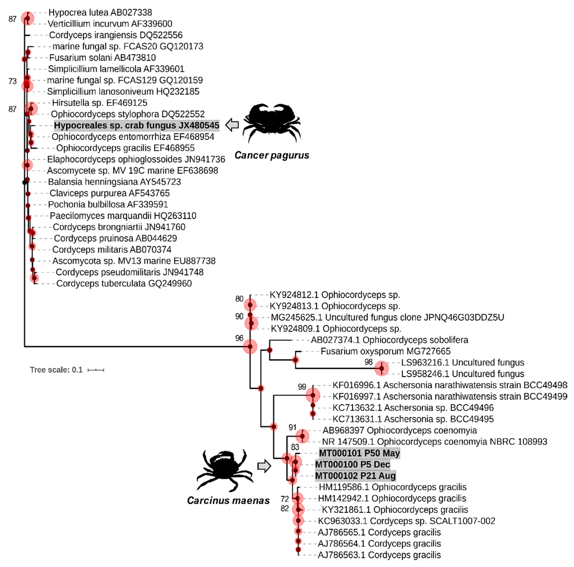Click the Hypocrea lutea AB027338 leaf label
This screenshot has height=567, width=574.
pos(100,12)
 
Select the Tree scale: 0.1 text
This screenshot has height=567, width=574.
pos(56,370)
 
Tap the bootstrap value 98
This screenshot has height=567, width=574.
pos(368,362)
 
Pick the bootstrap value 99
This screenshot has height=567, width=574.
pos(302,387)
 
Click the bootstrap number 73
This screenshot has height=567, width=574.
pos(12,81)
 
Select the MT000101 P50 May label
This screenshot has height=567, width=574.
pos(359,453)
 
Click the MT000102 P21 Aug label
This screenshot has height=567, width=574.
pos(355,476)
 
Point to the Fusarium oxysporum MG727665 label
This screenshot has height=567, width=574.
pos(385,351)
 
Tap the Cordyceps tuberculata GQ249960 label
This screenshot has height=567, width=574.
pos(124,284)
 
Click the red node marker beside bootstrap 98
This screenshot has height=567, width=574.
pos(381,368)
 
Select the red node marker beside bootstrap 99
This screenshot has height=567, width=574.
pos(313,395)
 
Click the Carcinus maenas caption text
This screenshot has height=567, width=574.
pos(228,501)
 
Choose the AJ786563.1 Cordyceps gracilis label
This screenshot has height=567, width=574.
pos(379,555)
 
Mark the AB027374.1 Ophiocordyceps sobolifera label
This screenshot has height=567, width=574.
pos(389,340)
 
